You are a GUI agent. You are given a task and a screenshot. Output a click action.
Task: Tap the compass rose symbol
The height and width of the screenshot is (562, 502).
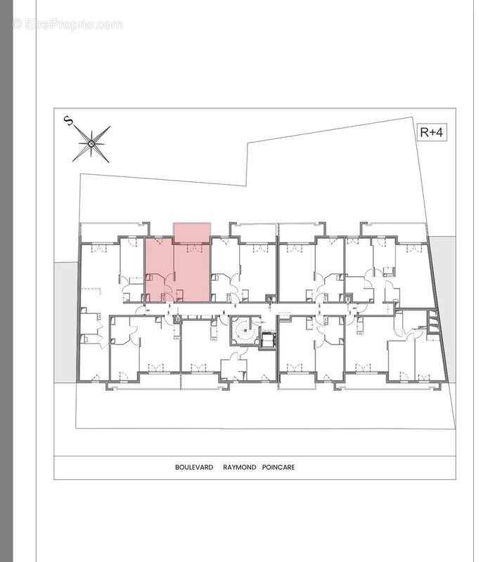pos(91,144)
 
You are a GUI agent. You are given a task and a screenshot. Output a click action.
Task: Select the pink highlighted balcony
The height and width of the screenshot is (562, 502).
pos(191,232)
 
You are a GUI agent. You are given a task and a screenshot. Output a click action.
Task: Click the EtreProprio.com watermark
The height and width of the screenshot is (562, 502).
pos(67,24)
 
